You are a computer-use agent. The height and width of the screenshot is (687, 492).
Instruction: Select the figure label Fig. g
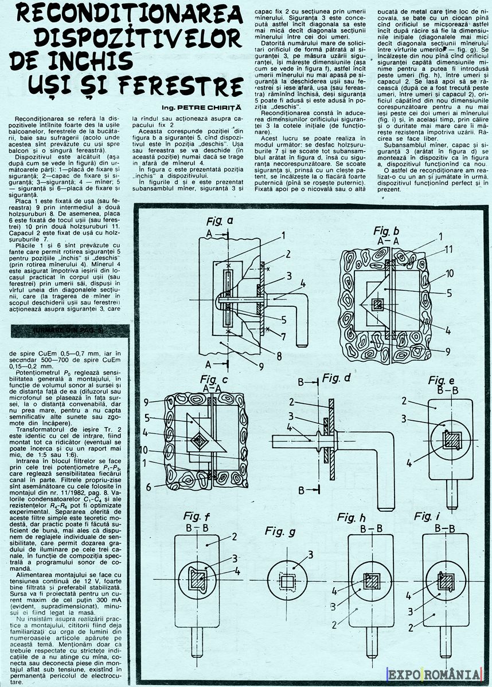pyautogui.click(x=280, y=531)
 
